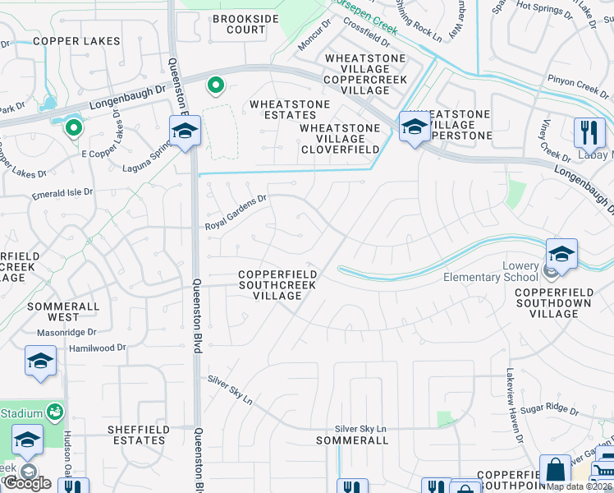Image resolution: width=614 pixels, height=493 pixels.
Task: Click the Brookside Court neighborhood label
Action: tap(239, 24)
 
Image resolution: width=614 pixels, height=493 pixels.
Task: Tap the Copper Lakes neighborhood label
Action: tap(76, 41)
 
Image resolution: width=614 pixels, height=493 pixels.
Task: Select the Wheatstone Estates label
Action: tap(290, 110)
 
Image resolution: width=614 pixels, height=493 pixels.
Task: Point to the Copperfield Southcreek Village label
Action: tap(278, 285)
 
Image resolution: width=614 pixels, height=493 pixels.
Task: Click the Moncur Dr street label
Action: tap(313, 39)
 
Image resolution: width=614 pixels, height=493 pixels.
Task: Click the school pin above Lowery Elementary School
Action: tap(561, 252)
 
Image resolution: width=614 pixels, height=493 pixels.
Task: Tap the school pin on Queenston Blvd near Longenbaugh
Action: tap(185, 130)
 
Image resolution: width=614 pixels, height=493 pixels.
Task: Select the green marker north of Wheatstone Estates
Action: tap(216, 85)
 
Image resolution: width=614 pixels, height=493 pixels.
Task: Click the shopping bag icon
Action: tap(554, 469)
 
